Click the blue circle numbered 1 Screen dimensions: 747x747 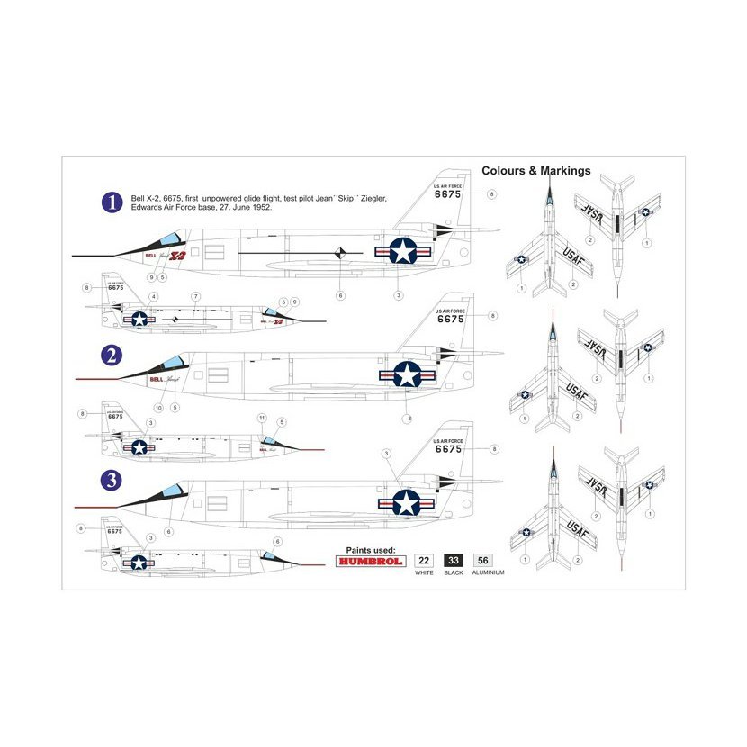(x=112, y=202)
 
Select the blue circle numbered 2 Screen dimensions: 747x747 (x=112, y=356)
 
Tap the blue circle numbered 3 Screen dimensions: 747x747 (x=112, y=480)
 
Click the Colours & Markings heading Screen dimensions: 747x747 (x=535, y=171)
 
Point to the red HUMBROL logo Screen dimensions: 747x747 (x=370, y=560)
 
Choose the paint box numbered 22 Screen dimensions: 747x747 (x=424, y=560)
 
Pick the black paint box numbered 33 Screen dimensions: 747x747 (x=454, y=560)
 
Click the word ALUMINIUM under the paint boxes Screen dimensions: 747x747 (x=487, y=572)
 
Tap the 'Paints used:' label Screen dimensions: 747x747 (x=370, y=548)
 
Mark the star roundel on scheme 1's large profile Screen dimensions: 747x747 (x=402, y=251)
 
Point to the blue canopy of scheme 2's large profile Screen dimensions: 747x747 (x=172, y=363)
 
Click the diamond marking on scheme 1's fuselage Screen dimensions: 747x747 (x=340, y=255)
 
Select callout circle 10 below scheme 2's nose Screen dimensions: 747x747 (x=158, y=408)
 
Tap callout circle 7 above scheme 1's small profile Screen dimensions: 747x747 (x=195, y=296)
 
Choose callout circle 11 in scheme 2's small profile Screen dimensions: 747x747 (x=262, y=418)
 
